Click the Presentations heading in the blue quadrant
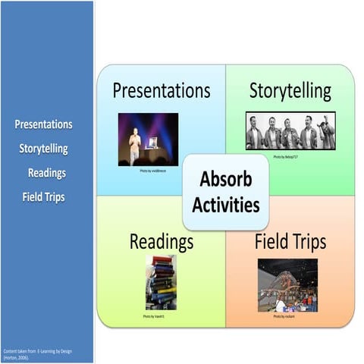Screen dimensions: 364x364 [162, 91]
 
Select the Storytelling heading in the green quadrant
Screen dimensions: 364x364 [290, 91]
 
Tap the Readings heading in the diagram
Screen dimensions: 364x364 [161, 242]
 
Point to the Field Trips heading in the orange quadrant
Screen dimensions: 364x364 [290, 242]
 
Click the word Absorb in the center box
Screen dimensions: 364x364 [225, 180]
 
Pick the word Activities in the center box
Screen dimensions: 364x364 [225, 205]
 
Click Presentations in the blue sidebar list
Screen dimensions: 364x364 [44, 124]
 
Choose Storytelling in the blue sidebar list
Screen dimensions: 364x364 [44, 149]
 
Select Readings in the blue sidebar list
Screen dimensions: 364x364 [47, 173]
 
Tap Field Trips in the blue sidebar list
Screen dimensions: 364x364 [44, 197]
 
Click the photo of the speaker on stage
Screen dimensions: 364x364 [148, 140]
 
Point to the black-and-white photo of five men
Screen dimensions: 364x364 [290, 131]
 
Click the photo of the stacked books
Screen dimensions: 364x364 [161, 282]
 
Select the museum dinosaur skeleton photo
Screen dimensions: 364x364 [287, 285]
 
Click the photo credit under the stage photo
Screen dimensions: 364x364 [149, 171]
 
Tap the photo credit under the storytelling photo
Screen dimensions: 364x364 [290, 155]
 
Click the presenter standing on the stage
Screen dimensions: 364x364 [134, 145]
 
